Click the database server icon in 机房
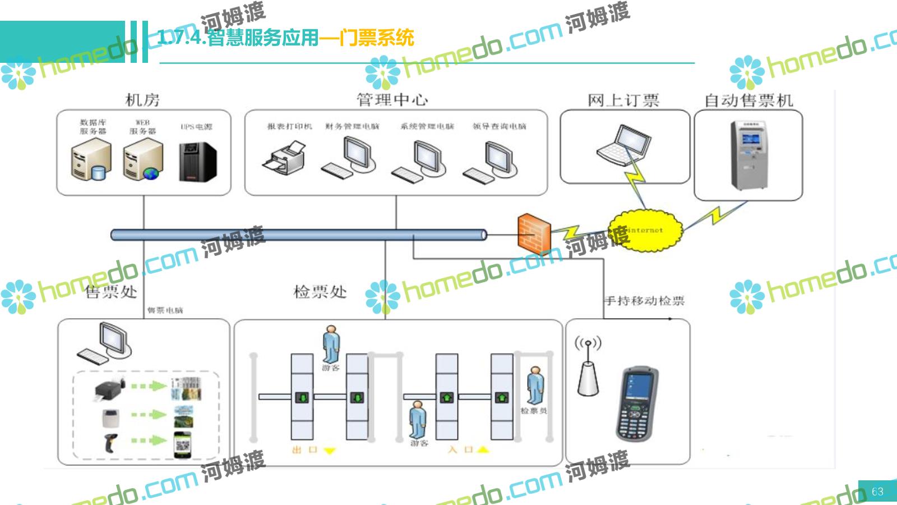tap(91, 160)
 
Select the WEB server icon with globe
tap(143, 160)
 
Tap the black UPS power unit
tap(197, 162)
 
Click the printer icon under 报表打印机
tap(285, 158)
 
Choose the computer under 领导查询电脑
tap(491, 162)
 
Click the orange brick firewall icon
tap(534, 233)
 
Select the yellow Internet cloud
tap(646, 230)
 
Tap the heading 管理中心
tap(392, 100)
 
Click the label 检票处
tap(320, 292)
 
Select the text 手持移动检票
tap(644, 301)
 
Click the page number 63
tap(877, 492)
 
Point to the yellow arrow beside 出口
tap(330, 451)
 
